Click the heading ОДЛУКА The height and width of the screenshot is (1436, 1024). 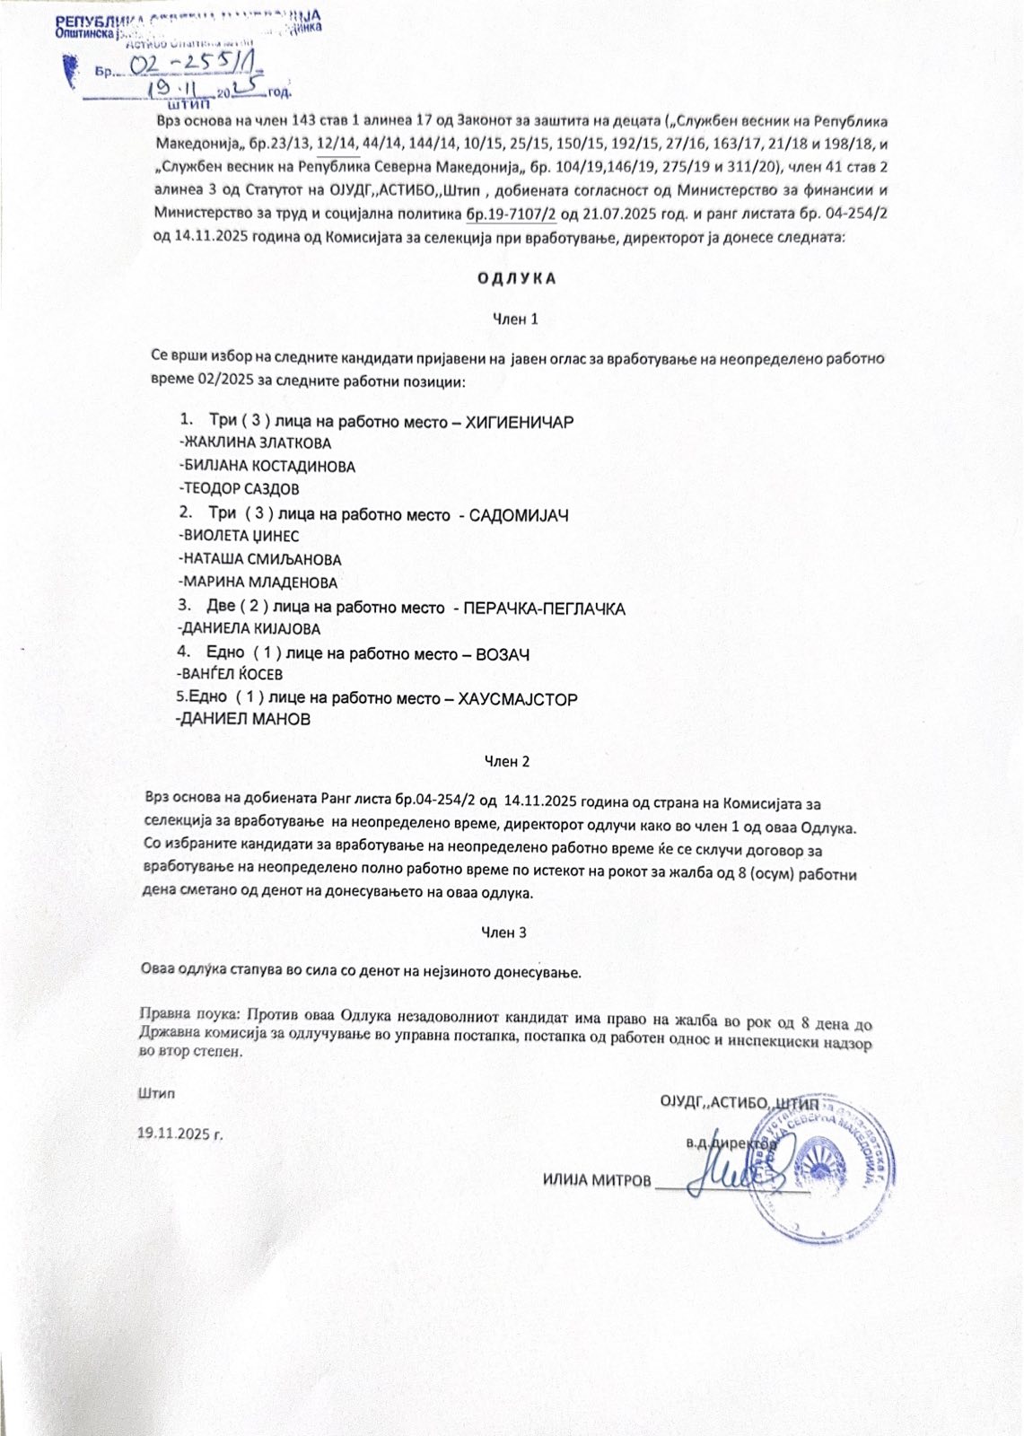click(x=516, y=278)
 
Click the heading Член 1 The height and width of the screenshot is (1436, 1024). click(x=516, y=319)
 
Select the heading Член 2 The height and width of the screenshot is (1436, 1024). click(x=507, y=761)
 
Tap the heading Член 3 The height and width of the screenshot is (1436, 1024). click(x=504, y=933)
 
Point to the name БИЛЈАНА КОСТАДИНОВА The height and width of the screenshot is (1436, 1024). click(x=268, y=467)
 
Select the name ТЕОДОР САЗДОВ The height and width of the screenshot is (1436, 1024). click(x=241, y=489)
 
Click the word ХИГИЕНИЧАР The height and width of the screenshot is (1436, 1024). click(x=520, y=422)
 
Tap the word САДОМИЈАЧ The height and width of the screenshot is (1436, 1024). click(x=519, y=515)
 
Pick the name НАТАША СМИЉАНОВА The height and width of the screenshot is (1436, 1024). click(x=261, y=559)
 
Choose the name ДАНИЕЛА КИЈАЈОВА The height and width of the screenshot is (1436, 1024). click(x=250, y=629)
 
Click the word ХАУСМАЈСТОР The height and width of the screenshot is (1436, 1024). click(x=518, y=699)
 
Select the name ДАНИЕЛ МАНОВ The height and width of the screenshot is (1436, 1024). click(x=245, y=720)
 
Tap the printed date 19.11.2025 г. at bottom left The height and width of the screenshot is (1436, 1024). click(x=179, y=1133)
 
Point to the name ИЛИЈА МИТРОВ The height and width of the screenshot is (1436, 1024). click(x=597, y=1180)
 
